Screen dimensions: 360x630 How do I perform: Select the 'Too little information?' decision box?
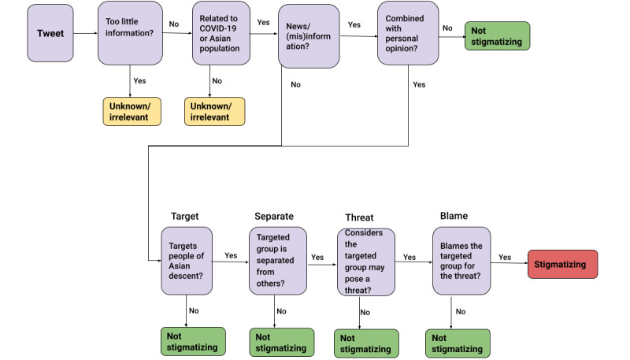pyautogui.click(x=129, y=34)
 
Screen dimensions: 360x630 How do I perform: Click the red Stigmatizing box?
pyautogui.click(x=563, y=263)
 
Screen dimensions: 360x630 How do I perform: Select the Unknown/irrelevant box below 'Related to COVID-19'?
pyautogui.click(x=215, y=111)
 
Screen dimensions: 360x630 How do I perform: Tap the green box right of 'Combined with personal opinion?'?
pyautogui.click(x=498, y=35)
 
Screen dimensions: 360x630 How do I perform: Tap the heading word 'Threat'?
pyautogui.click(x=359, y=217)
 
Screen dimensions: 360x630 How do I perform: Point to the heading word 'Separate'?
pyautogui.click(x=275, y=215)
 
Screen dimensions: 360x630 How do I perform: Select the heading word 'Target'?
pyautogui.click(x=185, y=215)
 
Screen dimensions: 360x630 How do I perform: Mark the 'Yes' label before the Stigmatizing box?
pyautogui.click(x=505, y=257)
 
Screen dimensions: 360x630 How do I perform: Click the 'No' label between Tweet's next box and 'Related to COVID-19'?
pyautogui.click(x=174, y=24)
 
